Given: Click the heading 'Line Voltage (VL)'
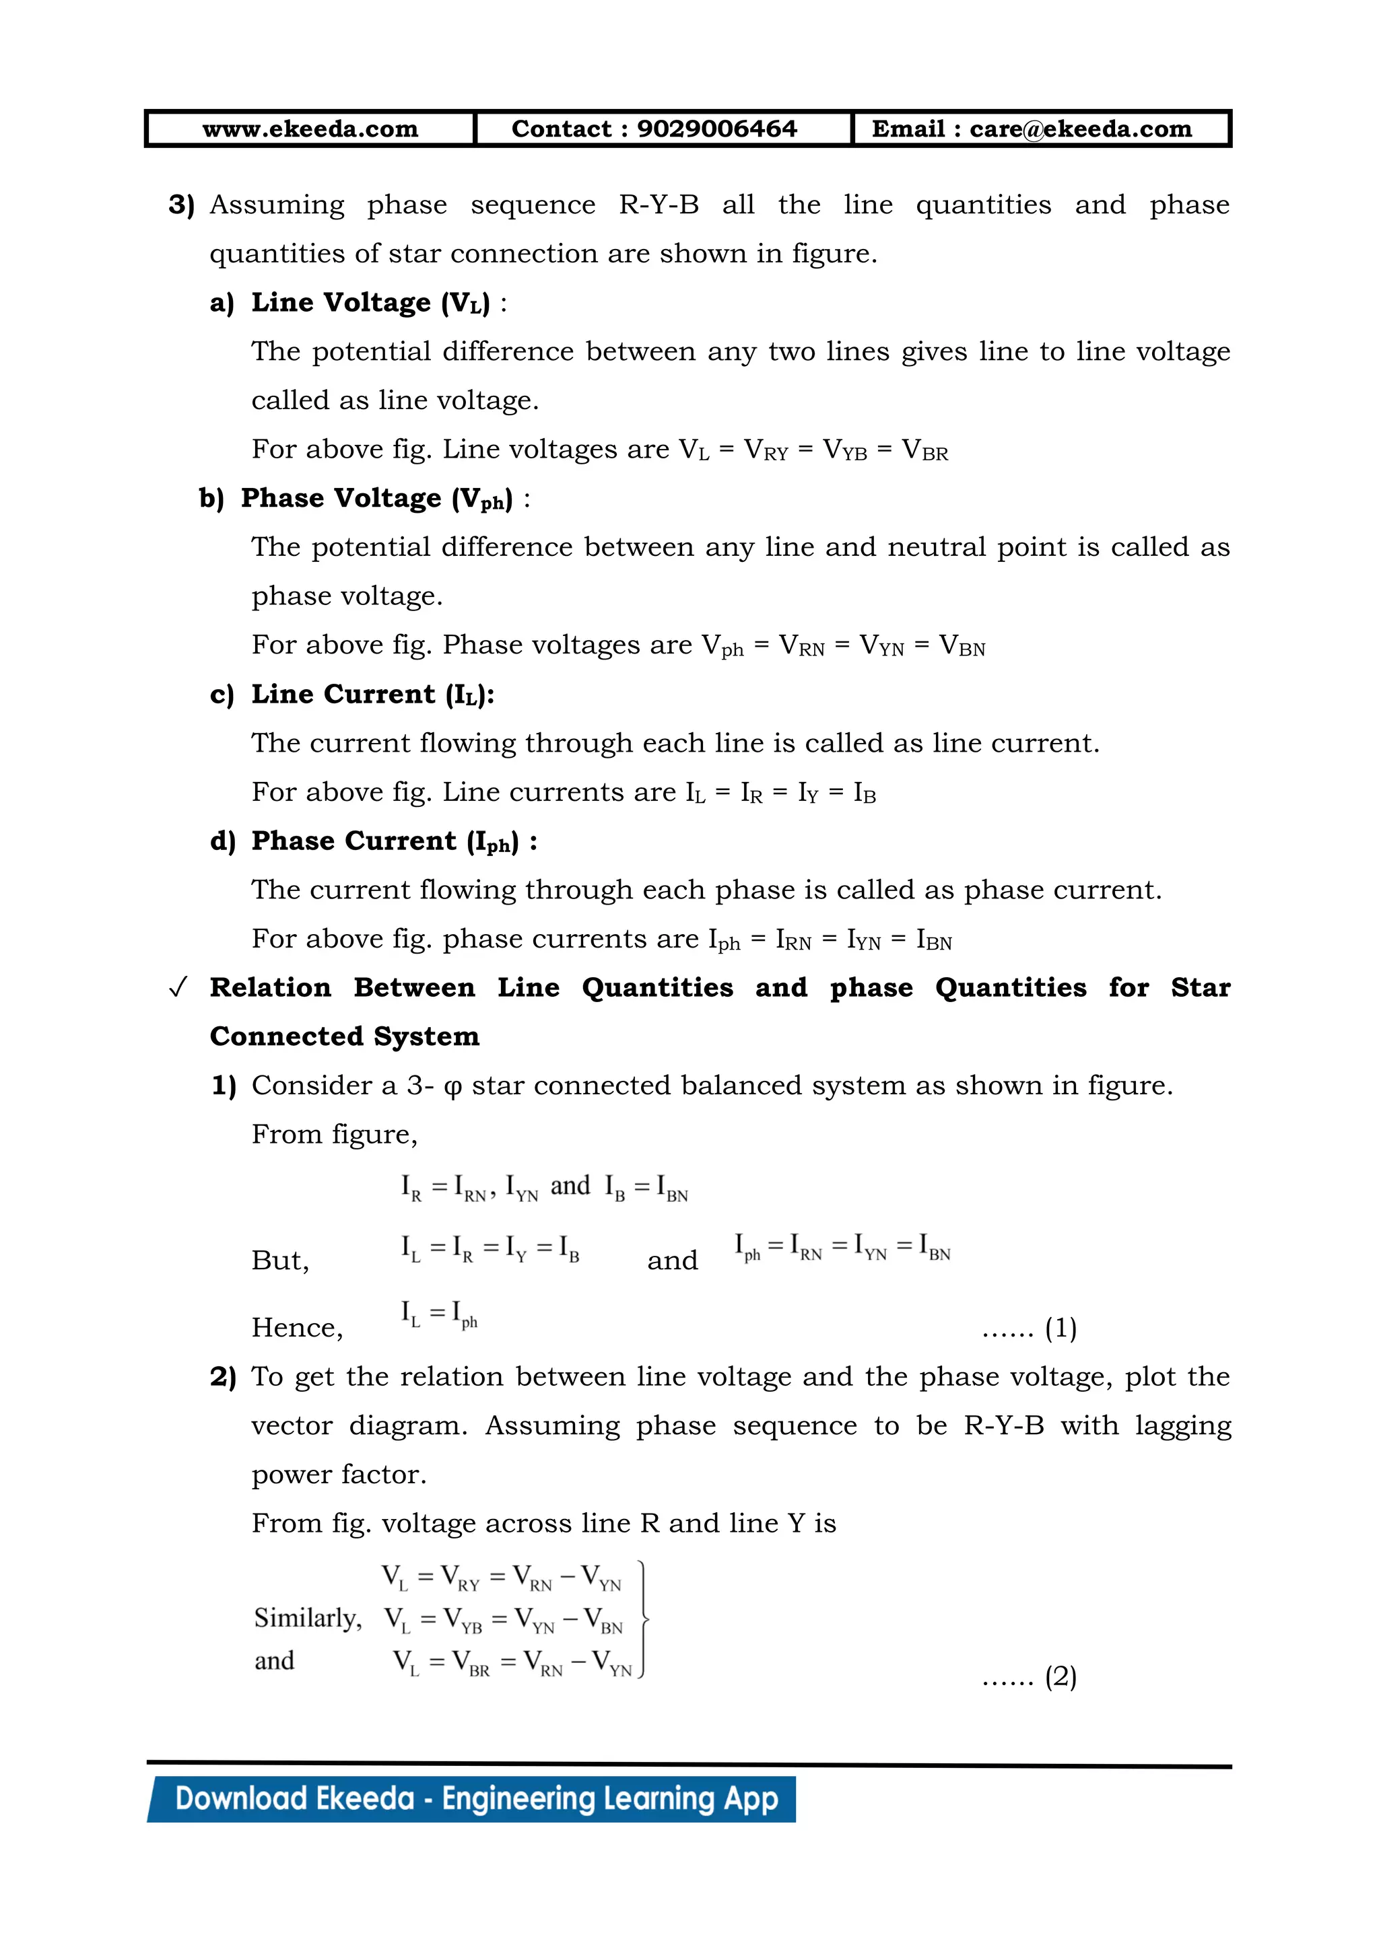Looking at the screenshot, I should [x=370, y=303].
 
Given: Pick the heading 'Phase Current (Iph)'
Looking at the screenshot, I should [x=384, y=841].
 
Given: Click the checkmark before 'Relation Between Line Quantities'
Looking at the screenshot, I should [x=178, y=988].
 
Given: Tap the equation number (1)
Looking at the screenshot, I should [x=1061, y=1328].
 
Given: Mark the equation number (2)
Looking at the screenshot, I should [x=1061, y=1676].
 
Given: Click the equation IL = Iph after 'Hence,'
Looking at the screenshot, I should [x=439, y=1315].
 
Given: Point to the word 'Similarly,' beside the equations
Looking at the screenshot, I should [x=308, y=1618].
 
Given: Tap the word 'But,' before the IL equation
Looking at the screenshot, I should [x=280, y=1261].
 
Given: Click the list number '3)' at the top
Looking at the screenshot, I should [x=181, y=205].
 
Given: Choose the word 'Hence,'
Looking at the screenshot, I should [x=297, y=1328].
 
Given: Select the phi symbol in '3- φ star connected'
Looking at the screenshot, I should [x=452, y=1088].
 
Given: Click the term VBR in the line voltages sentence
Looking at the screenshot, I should [x=924, y=450].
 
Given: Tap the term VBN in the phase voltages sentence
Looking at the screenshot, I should [x=962, y=646].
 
